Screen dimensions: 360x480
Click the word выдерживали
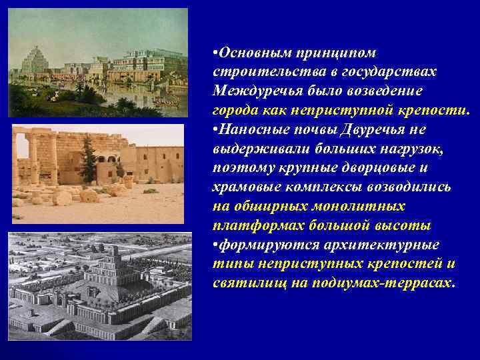(255, 148)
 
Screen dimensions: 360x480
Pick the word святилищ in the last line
(243, 283)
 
